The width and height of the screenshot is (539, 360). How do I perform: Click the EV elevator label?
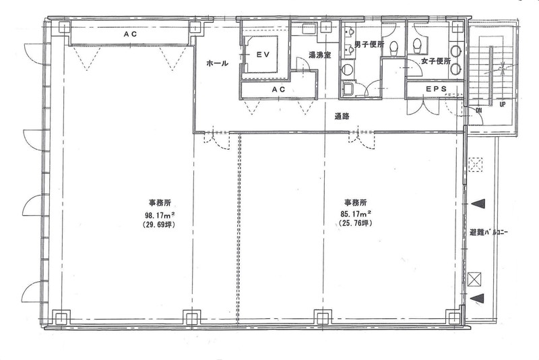pos(262,55)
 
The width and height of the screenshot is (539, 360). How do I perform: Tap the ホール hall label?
pos(217,63)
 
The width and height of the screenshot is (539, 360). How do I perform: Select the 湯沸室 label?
pos(319,55)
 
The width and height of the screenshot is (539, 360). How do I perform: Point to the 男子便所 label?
pos(369,44)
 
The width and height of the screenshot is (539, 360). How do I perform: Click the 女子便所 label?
pos(436,61)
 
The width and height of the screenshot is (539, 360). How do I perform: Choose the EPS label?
pos(436,89)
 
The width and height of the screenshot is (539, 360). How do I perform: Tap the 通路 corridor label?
pos(342,116)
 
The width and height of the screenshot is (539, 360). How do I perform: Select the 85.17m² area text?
pos(356,213)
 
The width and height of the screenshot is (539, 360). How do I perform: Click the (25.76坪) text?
pos(356,222)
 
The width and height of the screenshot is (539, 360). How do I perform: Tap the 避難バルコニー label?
pos(489,233)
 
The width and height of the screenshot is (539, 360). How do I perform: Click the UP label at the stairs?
pos(502,104)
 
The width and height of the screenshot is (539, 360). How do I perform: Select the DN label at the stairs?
pos(479,111)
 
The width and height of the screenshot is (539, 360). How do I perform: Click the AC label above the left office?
pos(130,34)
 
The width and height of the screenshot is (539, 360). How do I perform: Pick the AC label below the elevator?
pos(278,90)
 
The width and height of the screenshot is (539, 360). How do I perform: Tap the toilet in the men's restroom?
pos(394,48)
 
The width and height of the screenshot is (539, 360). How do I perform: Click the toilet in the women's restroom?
pos(417,46)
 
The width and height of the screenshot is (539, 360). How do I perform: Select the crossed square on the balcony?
pos(475,279)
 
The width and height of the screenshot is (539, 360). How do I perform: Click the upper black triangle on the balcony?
pos(478,204)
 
